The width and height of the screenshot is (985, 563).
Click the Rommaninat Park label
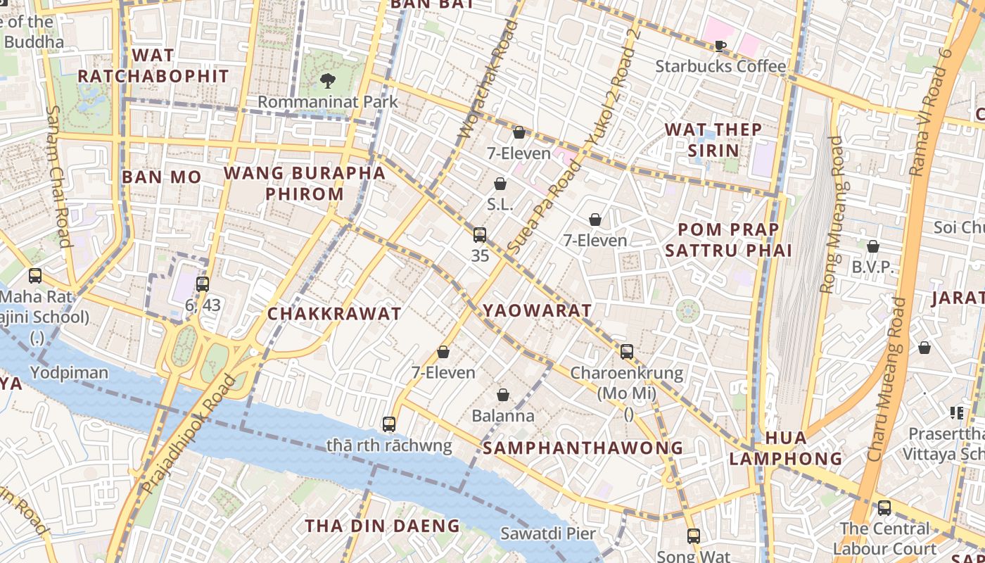point(328,101)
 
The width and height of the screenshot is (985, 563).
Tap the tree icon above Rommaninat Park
point(327,80)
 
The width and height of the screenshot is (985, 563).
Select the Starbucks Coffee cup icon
point(720,46)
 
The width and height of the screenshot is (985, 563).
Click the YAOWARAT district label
point(538,310)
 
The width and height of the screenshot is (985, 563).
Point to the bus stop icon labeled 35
point(480,235)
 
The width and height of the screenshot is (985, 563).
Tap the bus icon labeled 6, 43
point(203,284)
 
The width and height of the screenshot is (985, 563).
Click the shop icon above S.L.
point(500,184)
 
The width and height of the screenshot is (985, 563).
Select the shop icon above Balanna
point(503,395)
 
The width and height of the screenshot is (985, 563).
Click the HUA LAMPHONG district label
point(786,448)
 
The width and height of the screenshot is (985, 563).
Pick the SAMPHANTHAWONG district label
point(583,448)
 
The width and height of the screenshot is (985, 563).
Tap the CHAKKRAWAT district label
point(334,314)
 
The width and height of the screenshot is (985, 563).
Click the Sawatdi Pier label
point(548,533)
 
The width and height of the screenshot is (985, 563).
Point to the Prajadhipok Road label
point(188,434)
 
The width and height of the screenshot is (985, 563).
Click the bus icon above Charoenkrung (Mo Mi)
point(627,351)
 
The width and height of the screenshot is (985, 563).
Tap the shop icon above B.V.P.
point(873,246)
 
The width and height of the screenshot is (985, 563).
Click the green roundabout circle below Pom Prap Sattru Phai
point(688,310)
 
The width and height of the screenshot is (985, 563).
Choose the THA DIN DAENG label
point(382,526)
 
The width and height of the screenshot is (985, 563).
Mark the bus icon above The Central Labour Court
point(884,507)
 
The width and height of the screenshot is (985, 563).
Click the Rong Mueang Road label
point(832,215)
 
